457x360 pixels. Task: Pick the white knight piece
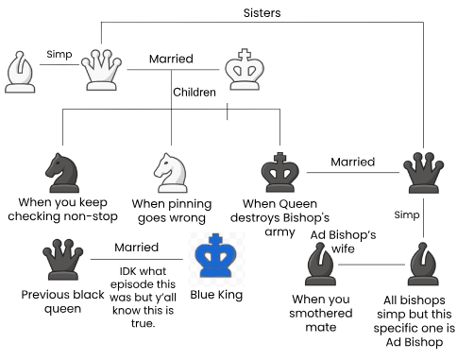(x=172, y=172)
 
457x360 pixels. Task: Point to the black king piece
(x=279, y=172)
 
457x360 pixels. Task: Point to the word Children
(x=194, y=93)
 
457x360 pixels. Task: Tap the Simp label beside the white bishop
(x=59, y=56)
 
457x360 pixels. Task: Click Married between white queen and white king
(x=171, y=59)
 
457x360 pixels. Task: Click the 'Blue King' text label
(x=216, y=295)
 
